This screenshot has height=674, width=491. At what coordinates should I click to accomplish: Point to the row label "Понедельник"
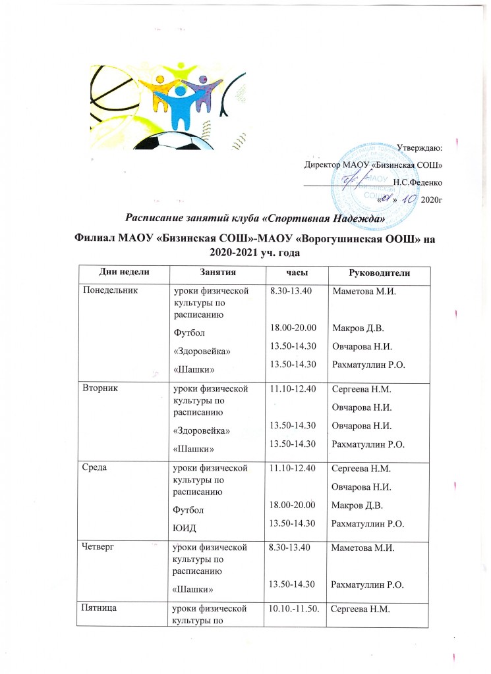click(107, 290)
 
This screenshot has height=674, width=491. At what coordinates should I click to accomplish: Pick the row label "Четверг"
click(98, 547)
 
